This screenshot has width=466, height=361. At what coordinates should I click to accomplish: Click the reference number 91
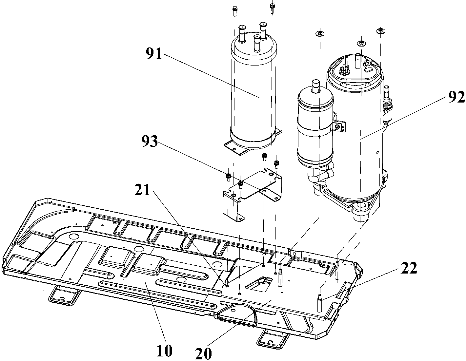[x=154, y=54]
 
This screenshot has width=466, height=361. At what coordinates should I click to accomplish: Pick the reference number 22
[x=408, y=269]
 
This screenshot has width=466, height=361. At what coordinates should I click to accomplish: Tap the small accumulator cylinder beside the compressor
[x=315, y=128]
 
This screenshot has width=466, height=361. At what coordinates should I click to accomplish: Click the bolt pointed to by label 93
[x=229, y=177]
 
